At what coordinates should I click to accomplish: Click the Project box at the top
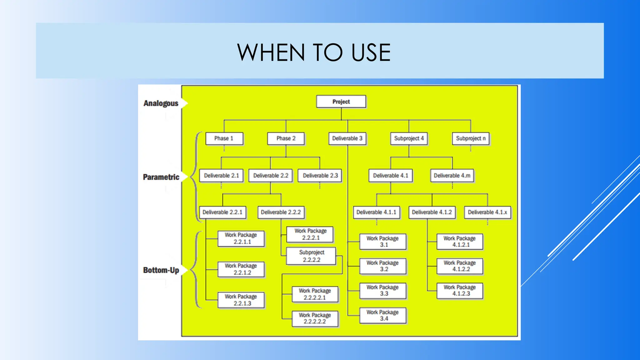click(341, 102)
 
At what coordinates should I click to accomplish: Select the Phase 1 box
click(224, 138)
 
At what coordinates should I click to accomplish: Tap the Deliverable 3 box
click(347, 138)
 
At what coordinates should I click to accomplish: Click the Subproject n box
click(471, 138)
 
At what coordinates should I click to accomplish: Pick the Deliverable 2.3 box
click(320, 176)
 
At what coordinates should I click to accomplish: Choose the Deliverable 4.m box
click(452, 176)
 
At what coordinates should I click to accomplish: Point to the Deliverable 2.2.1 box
click(222, 212)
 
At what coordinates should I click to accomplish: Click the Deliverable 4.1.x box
click(487, 212)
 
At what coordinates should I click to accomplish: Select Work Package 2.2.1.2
click(241, 269)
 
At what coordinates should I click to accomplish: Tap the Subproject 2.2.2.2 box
click(311, 256)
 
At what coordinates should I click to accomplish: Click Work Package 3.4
click(382, 315)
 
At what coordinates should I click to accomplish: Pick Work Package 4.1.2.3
click(460, 290)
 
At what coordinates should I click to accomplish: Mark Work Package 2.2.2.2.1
click(315, 294)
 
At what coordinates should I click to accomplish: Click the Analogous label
click(161, 103)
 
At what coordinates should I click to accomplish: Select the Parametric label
click(161, 177)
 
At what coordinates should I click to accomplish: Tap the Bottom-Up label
click(161, 270)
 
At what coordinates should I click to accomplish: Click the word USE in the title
click(371, 52)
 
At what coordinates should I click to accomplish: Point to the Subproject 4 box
click(409, 138)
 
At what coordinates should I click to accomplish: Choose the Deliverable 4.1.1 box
click(376, 212)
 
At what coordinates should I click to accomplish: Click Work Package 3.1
click(382, 242)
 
